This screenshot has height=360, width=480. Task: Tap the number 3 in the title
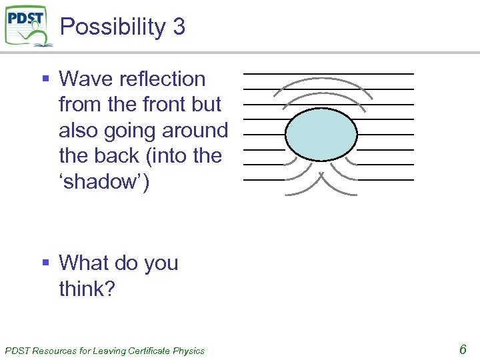tap(178, 27)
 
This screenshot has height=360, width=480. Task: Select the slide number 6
tap(462, 349)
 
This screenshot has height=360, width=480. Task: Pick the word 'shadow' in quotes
tap(104, 181)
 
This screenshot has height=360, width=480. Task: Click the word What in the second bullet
tap(85, 263)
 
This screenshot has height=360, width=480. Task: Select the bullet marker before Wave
tap(46, 79)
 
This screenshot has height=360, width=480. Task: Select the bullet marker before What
tap(46, 263)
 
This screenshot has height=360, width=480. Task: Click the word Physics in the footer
tap(188, 351)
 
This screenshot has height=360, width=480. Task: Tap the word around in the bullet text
tap(199, 131)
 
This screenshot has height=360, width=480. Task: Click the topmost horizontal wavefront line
tap(328, 73)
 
